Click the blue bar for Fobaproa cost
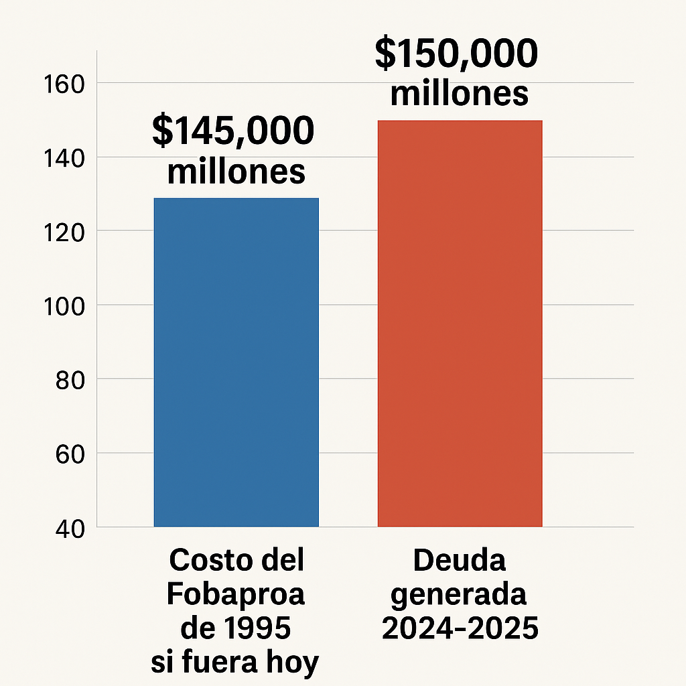(236, 362)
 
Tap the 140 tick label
(62, 158)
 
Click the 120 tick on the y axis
(62, 232)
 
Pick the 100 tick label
(62, 306)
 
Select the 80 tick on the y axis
(67, 380)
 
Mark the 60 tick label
(67, 454)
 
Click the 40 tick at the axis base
(67, 529)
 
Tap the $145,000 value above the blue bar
(233, 131)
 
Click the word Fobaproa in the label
(235, 594)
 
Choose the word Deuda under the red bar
(459, 560)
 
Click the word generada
(459, 595)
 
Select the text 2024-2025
(460, 628)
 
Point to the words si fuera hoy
(235, 663)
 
